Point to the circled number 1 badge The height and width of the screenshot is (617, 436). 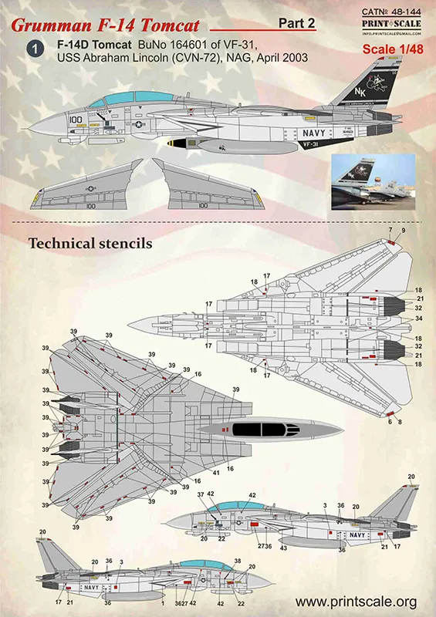34,49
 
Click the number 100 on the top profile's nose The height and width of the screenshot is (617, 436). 75,121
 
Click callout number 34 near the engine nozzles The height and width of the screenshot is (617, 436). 419,319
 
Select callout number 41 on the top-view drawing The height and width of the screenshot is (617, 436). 216,471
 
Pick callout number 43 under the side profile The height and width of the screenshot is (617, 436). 283,548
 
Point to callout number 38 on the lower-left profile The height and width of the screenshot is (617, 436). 238,561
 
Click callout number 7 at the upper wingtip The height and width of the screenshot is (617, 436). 390,231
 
